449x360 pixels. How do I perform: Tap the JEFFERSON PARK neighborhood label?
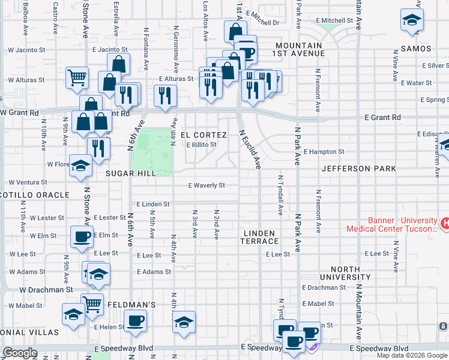(x=358, y=169)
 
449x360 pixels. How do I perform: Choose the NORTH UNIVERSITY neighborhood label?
(x=345, y=273)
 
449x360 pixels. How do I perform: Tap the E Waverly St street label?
(x=206, y=185)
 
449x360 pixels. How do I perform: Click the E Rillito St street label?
(x=200, y=145)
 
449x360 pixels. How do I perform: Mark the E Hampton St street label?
(x=324, y=152)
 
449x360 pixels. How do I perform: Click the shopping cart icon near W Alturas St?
(x=77, y=77)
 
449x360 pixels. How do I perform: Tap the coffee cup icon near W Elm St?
(x=82, y=236)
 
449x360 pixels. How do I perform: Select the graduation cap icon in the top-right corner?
(x=412, y=20)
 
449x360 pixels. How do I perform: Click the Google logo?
(x=20, y=353)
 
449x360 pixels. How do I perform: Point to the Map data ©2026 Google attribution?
(x=412, y=355)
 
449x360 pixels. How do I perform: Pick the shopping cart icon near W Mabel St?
(x=92, y=304)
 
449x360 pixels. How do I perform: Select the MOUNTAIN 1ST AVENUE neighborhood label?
(x=300, y=49)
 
